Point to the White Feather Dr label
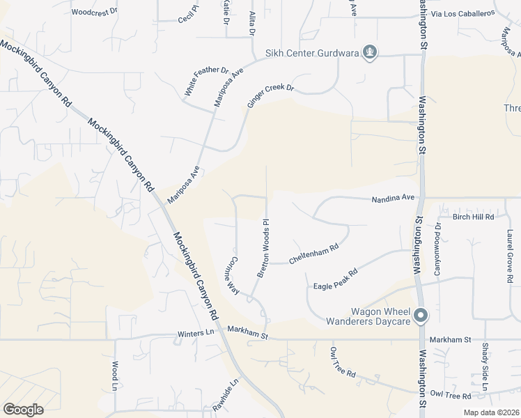pyautogui.click(x=206, y=82)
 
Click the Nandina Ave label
pyautogui.click(x=393, y=199)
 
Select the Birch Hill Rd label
pyautogui.click(x=473, y=217)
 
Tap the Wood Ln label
pyautogui.click(x=115, y=376)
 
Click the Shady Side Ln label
pyautogui.click(x=485, y=368)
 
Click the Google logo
pyautogui.click(x=23, y=409)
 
